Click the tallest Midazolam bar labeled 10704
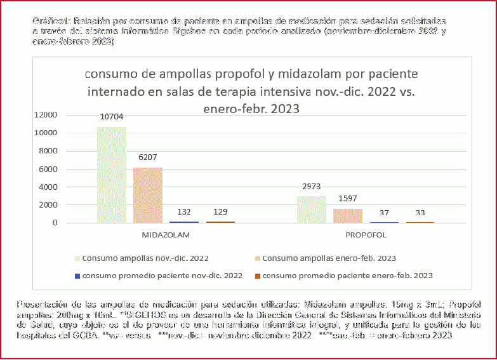click(x=111, y=175)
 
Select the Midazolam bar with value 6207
click(x=147, y=195)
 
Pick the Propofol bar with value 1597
click(x=348, y=215)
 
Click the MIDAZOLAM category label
click(x=166, y=235)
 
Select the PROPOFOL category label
click(x=366, y=235)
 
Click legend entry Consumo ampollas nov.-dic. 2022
click(x=145, y=258)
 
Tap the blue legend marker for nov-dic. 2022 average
click(x=77, y=276)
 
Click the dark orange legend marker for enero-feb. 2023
click(x=257, y=276)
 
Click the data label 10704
click(x=111, y=117)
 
